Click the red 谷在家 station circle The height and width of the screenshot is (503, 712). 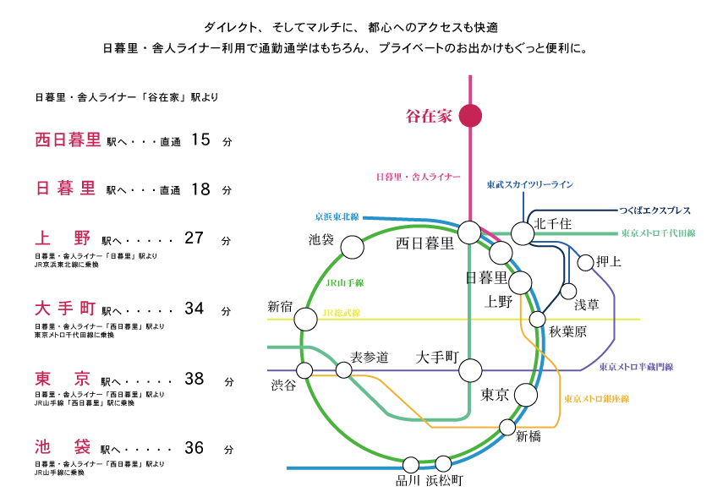(x=470, y=116)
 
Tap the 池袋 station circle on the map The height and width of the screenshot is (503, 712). (x=353, y=248)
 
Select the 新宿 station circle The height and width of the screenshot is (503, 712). (x=305, y=320)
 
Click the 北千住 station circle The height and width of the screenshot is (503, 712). (x=523, y=233)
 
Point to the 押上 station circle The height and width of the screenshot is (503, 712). (x=586, y=262)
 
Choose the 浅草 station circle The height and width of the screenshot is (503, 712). (x=568, y=291)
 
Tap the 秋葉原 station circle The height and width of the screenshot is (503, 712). (x=538, y=320)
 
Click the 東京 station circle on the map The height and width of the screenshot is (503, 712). (x=526, y=395)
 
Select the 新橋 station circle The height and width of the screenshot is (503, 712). (x=507, y=427)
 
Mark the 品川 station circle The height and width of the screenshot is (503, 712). (x=411, y=465)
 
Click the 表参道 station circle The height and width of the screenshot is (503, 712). (x=344, y=370)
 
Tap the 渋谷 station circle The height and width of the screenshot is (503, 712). (x=304, y=370)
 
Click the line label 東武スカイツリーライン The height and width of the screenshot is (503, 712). (x=530, y=184)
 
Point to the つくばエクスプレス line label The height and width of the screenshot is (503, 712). (x=655, y=210)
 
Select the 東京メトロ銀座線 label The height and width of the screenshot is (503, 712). (x=597, y=399)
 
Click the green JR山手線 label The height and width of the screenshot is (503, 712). (x=345, y=283)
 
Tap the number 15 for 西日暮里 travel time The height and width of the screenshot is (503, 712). (x=200, y=139)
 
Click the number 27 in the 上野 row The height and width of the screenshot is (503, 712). (x=194, y=238)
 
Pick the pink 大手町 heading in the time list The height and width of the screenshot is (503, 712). (x=65, y=309)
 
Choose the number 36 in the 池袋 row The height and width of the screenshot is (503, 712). (x=194, y=448)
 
